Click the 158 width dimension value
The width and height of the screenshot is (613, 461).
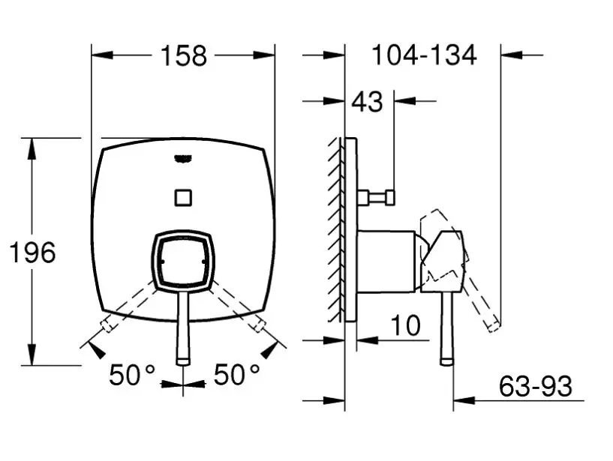tap(183, 56)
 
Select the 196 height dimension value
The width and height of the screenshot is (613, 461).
tap(32, 253)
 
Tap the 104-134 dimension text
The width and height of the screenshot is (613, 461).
tap(424, 55)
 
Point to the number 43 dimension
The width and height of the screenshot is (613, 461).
tap(367, 102)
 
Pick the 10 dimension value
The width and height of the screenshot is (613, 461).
tap(405, 325)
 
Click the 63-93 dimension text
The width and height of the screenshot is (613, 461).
tap(535, 386)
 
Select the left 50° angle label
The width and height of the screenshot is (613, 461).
tap(132, 375)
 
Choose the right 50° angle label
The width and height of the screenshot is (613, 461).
tap(236, 375)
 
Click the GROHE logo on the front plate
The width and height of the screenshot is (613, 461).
tap(183, 159)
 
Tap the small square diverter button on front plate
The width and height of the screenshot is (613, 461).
tap(183, 197)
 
